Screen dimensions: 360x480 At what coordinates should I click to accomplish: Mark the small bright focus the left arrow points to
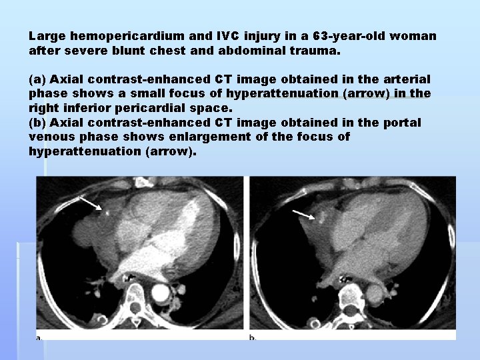tap(105, 213)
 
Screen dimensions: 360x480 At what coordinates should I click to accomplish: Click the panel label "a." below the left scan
tap(39, 337)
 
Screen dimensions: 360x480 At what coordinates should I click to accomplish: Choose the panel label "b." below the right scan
tap(253, 337)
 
